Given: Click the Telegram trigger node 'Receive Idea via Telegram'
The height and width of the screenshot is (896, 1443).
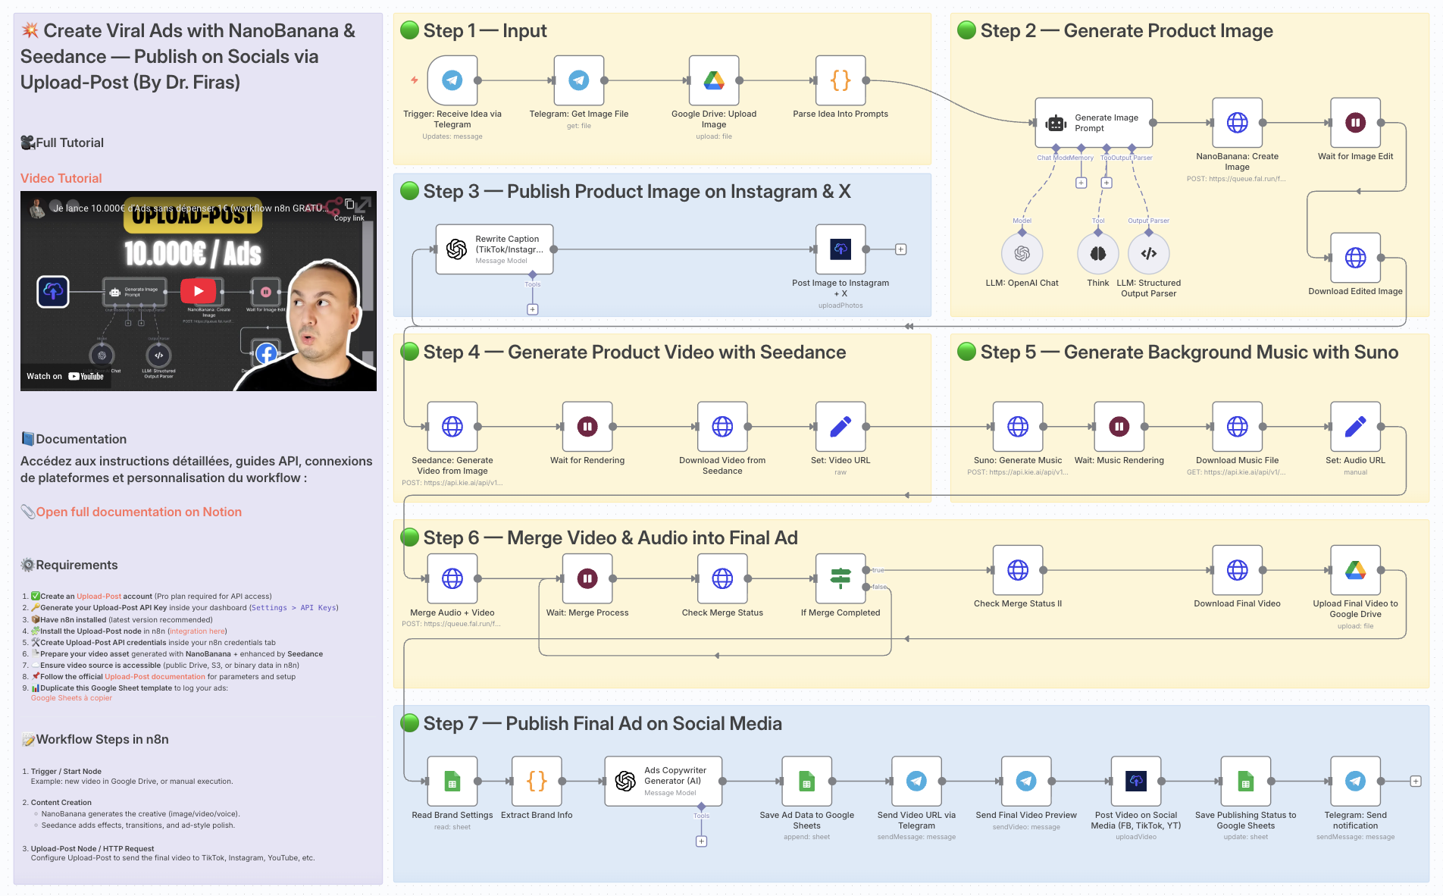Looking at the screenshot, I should (452, 80).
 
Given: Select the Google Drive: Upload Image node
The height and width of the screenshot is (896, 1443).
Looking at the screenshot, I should (713, 80).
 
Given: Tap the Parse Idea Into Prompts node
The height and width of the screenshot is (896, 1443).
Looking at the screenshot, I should (840, 80).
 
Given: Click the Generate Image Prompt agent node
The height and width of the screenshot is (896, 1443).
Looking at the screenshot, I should (1093, 123).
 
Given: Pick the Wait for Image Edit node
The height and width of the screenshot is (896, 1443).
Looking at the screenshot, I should (1355, 123).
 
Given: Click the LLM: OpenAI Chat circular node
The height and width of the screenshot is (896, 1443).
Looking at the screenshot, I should (1022, 254).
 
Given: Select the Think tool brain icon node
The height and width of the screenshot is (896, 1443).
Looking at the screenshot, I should (1097, 254).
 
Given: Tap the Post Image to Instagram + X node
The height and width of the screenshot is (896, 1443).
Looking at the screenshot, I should (840, 249).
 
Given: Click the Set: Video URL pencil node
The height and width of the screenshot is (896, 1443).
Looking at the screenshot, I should (840, 427).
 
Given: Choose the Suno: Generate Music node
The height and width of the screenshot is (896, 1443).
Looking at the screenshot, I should (1017, 427).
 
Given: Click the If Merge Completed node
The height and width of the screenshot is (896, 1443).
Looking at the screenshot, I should (840, 578).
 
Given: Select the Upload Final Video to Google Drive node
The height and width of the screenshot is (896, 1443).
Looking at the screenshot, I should (1355, 570).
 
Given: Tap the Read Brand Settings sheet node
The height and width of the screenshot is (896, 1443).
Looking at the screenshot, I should (452, 781).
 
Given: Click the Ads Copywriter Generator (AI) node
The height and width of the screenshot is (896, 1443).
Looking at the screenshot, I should (663, 781).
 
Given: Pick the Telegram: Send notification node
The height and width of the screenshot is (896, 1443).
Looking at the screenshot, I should (1355, 781).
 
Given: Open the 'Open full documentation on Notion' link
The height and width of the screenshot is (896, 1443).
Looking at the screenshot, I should (139, 512).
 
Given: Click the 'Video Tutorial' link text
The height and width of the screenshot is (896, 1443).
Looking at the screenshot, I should (61, 178).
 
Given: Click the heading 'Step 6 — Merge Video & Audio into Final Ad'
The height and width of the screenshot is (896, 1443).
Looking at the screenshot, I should (610, 537).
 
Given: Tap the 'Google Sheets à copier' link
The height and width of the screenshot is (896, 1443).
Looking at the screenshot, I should (71, 698).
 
